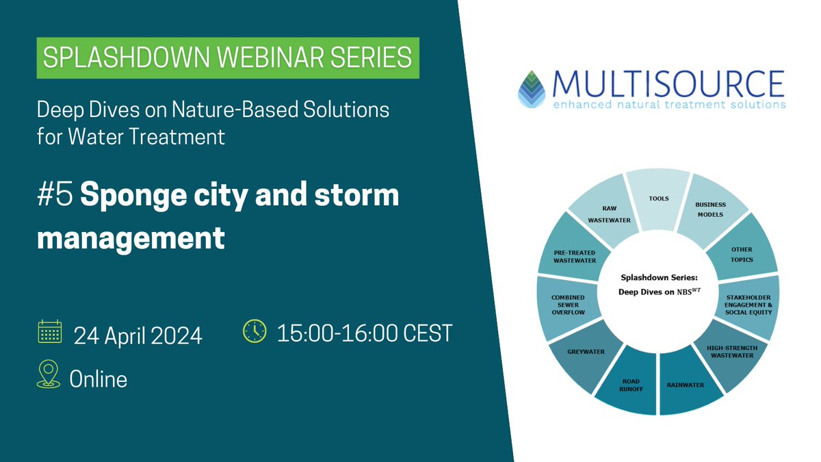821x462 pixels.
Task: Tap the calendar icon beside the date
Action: (x=50, y=333)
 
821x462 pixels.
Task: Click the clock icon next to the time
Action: (x=255, y=331)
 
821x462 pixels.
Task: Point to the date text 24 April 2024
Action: (x=138, y=335)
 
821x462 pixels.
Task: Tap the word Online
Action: (x=99, y=378)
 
